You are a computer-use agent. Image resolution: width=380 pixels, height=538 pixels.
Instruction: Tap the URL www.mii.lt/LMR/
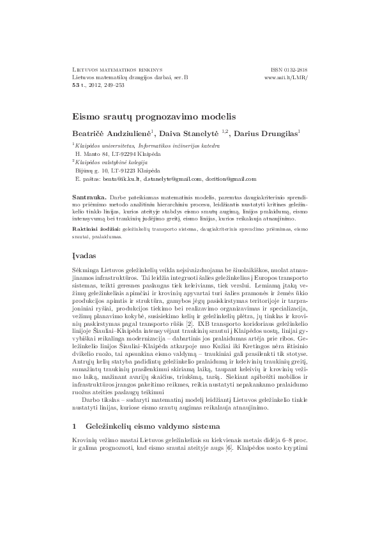tap(285, 77)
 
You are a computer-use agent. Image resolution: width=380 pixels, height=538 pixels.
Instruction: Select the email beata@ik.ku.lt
tap(120, 180)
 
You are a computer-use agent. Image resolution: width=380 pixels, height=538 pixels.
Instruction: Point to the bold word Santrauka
tap(88, 199)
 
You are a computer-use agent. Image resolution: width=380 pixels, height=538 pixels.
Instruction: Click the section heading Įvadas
tap(86, 255)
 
